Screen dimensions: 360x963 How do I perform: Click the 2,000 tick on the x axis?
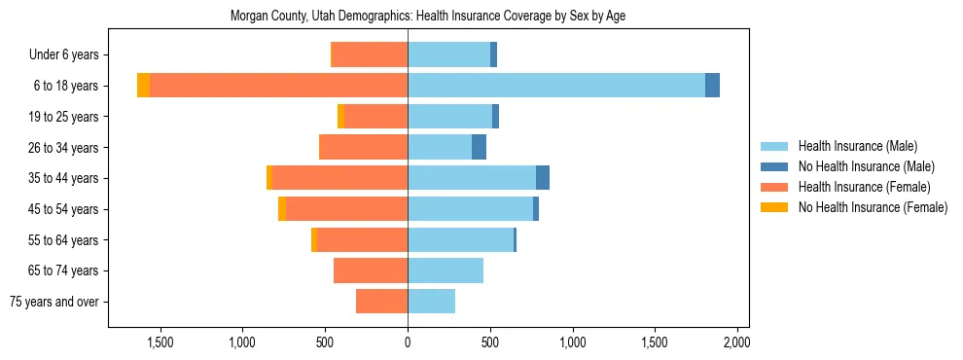[x=737, y=342]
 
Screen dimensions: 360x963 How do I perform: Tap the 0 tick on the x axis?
[x=408, y=342]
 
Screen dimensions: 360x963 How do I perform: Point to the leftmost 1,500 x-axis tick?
[x=160, y=342]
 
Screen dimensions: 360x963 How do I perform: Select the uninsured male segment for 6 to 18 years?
[x=712, y=86]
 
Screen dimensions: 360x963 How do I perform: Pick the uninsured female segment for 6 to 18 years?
[x=143, y=86]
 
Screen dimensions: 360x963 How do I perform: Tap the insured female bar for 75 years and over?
[x=381, y=302]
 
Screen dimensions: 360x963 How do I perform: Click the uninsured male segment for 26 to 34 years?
[x=479, y=147]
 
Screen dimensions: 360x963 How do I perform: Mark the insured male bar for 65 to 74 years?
[x=446, y=270]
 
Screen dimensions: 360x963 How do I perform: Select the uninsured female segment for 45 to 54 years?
[x=282, y=209]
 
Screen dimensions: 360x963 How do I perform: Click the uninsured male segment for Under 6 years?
[x=493, y=54]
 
